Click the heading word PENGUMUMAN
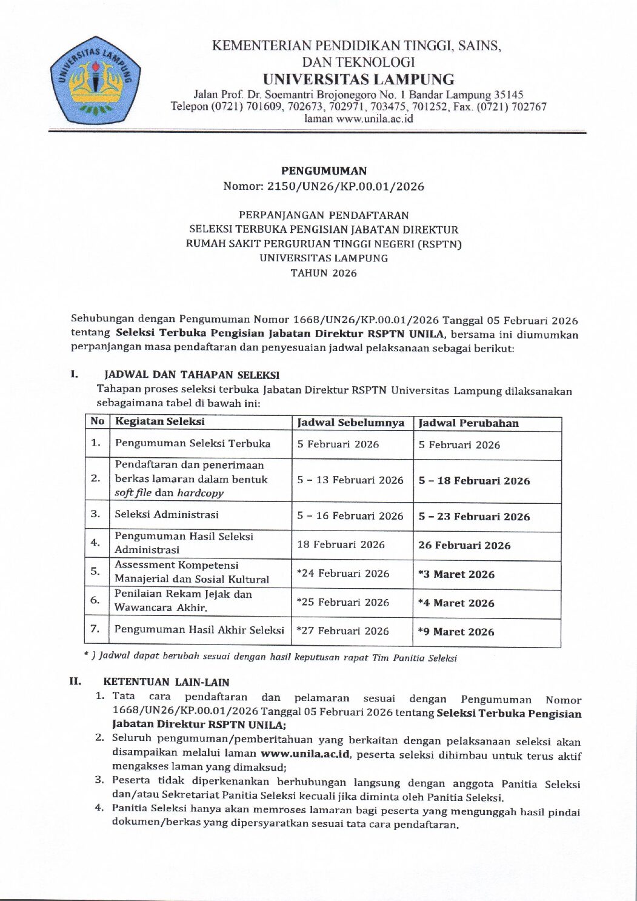(x=324, y=171)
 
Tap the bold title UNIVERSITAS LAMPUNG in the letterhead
(x=358, y=79)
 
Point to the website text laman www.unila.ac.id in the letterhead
(x=358, y=119)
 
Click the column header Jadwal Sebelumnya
(x=351, y=423)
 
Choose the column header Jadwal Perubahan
(x=469, y=423)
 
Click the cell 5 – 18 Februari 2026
(x=474, y=481)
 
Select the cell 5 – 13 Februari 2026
(x=350, y=480)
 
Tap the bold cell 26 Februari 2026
(x=464, y=545)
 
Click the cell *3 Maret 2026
(x=456, y=574)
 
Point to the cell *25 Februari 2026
(x=343, y=602)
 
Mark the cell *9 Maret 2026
(x=456, y=632)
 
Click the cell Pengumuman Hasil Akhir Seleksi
(x=199, y=630)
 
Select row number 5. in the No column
(x=95, y=571)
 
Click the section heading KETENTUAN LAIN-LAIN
(x=166, y=682)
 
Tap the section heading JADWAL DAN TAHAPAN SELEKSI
(x=192, y=375)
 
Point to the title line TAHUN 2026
(x=324, y=273)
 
